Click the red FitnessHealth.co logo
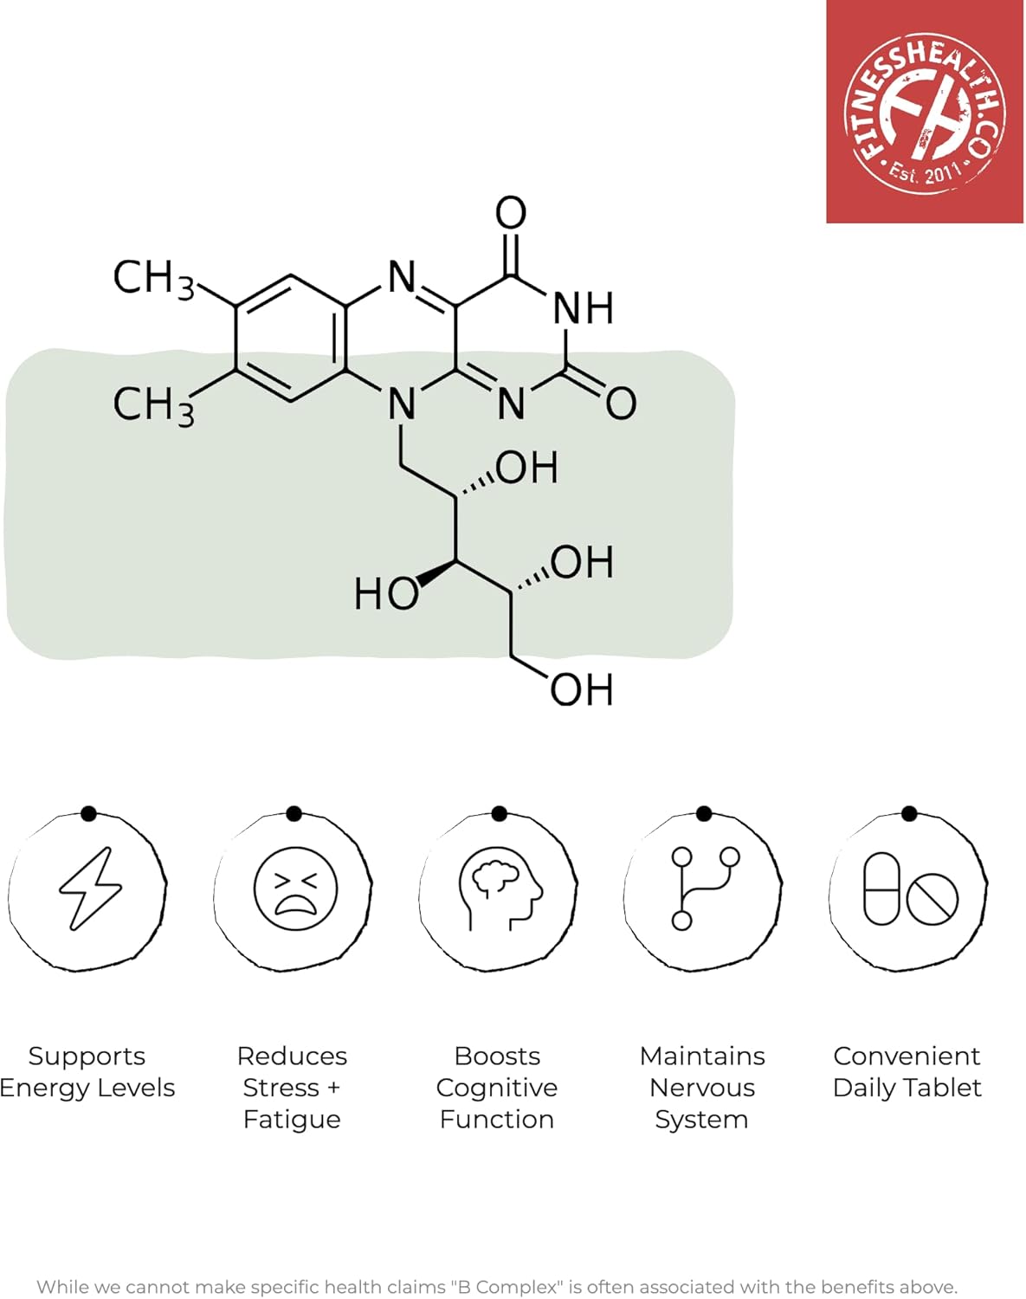click(x=925, y=112)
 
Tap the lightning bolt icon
click(x=89, y=889)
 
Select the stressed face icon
click(x=295, y=889)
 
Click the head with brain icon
click(x=500, y=889)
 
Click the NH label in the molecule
click(x=583, y=308)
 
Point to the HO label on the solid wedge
click(x=385, y=594)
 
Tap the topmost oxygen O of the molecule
click(x=511, y=213)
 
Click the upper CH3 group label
click(x=153, y=279)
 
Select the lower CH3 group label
click(x=153, y=404)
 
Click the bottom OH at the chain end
click(x=581, y=690)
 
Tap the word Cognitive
click(x=496, y=1088)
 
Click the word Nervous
click(x=702, y=1088)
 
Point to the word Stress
click(x=281, y=1088)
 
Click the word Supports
click(x=87, y=1057)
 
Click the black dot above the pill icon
click(x=909, y=813)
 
